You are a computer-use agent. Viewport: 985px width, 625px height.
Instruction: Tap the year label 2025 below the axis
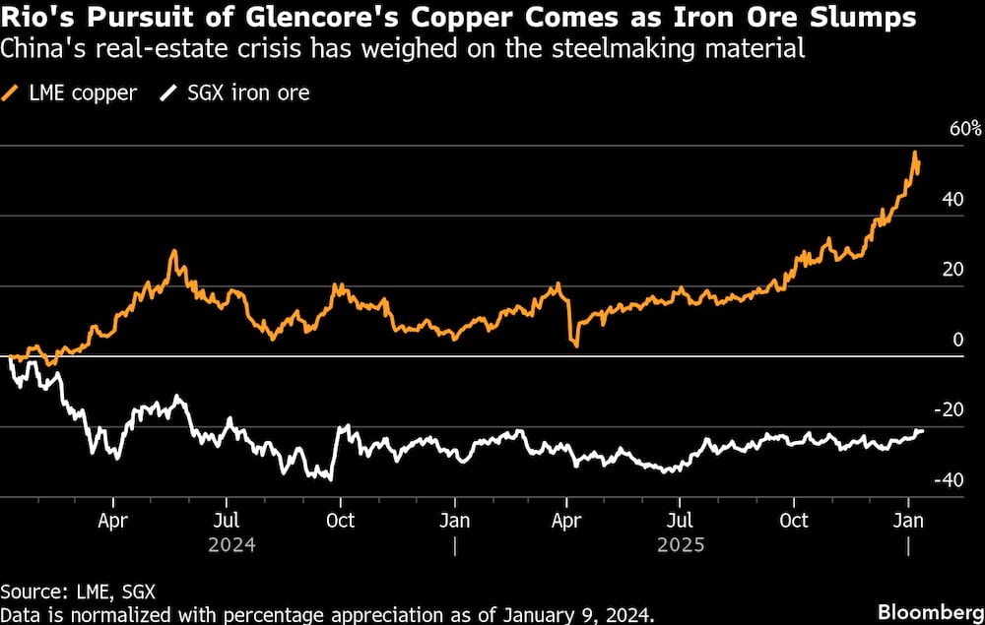click(x=681, y=544)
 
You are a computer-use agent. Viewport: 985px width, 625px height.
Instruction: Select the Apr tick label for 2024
click(x=114, y=520)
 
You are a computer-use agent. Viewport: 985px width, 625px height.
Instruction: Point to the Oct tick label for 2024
click(x=341, y=520)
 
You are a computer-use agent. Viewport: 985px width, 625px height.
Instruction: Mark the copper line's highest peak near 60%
click(x=915, y=153)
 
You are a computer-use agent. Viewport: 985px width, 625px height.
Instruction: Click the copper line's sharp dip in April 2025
click(x=575, y=344)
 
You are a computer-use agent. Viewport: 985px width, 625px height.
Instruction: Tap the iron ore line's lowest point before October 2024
click(x=330, y=479)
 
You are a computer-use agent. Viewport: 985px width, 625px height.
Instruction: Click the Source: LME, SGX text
click(x=78, y=591)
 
